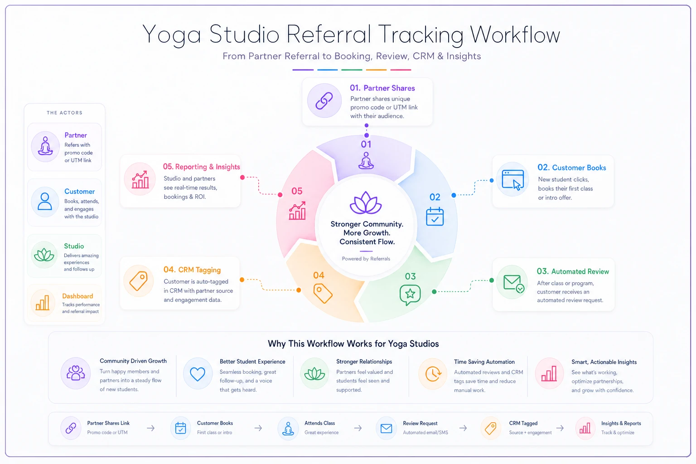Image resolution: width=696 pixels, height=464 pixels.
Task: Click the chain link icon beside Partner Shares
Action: (x=324, y=101)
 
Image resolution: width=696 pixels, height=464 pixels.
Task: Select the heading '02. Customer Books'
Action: (x=572, y=168)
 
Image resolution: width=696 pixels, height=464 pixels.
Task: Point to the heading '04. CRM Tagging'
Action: (x=192, y=270)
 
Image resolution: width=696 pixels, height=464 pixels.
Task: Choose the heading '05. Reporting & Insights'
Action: (x=201, y=167)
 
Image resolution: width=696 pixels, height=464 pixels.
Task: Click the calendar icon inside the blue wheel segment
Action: (x=435, y=216)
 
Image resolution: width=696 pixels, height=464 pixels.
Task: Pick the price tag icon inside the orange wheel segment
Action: (x=323, y=293)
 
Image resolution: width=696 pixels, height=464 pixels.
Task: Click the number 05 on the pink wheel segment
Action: (x=297, y=191)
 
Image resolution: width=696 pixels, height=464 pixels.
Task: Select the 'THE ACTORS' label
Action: (x=65, y=113)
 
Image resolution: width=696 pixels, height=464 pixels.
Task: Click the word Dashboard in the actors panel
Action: (x=77, y=296)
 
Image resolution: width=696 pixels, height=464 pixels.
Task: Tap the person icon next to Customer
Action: (x=45, y=201)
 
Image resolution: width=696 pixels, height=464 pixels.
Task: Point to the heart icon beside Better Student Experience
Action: (x=198, y=374)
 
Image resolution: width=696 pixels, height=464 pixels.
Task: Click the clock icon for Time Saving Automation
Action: (x=433, y=373)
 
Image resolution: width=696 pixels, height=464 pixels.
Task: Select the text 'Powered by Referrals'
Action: (x=366, y=259)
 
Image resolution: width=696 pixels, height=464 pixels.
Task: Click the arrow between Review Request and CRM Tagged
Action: (x=463, y=428)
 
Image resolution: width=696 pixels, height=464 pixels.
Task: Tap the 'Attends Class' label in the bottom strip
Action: (x=320, y=423)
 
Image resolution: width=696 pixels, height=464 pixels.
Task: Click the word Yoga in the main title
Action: (x=172, y=35)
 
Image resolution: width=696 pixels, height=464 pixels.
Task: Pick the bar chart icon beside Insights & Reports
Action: (x=585, y=428)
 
